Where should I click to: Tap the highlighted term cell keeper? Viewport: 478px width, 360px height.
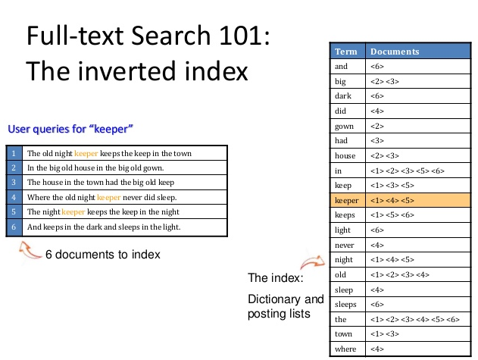pyautogui.click(x=348, y=200)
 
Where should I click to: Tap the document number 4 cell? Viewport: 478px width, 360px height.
pyautogui.click(x=14, y=197)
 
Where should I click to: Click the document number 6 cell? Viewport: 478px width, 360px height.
pyautogui.click(x=14, y=227)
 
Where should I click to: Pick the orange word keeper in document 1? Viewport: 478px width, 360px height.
pyautogui.click(x=86, y=153)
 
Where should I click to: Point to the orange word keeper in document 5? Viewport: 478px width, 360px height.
pyautogui.click(x=73, y=211)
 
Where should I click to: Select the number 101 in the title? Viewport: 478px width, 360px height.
pyautogui.click(x=241, y=36)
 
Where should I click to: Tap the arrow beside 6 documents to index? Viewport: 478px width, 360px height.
pyautogui.click(x=29, y=250)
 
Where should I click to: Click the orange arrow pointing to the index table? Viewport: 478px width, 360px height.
pyautogui.click(x=312, y=261)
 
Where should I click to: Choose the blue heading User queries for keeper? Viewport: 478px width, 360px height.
pyautogui.click(x=70, y=129)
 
